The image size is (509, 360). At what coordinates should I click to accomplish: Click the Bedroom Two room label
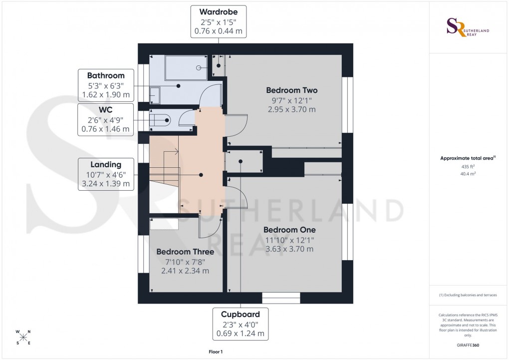coord(291,90)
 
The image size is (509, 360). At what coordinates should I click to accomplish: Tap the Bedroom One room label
coord(289,230)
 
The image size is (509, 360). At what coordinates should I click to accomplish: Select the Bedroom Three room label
coord(185,252)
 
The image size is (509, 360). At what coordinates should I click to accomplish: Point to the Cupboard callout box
coord(241,324)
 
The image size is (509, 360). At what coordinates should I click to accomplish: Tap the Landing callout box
coord(106,174)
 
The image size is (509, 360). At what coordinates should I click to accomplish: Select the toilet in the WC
coord(163,120)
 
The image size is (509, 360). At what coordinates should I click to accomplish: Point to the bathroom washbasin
coord(155,94)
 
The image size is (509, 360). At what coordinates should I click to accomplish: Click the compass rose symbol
coord(23,337)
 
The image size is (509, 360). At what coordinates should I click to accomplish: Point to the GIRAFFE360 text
coord(467,345)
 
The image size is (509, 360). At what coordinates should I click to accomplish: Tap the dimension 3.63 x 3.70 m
coord(289,249)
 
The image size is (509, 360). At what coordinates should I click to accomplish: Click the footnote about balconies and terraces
coord(468,295)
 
